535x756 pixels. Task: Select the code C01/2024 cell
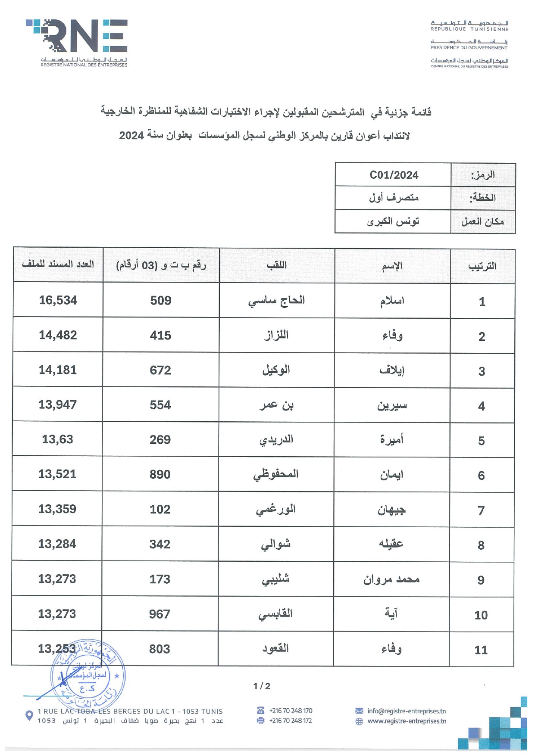point(394,175)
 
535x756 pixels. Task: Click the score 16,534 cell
point(58,300)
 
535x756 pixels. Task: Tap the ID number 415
point(160,335)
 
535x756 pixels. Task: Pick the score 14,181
point(58,370)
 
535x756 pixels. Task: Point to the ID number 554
point(160,405)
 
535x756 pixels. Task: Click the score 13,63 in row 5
point(57,439)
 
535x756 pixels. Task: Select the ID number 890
point(160,474)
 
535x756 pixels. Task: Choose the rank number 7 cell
point(482,510)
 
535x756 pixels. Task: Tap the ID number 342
point(160,544)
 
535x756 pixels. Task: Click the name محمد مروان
point(391,579)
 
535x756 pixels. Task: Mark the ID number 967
point(160,614)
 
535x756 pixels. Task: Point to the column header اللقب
point(276,265)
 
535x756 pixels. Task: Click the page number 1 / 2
point(262,686)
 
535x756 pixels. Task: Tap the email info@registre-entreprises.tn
point(406,711)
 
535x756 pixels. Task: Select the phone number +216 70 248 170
point(291,711)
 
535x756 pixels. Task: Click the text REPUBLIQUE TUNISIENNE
point(469,29)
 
